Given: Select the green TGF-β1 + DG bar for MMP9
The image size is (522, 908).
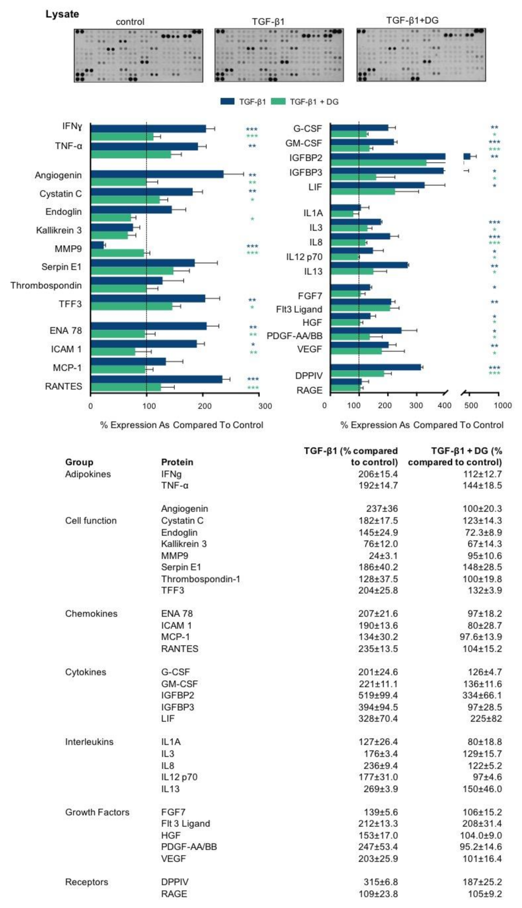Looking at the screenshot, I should [x=117, y=253].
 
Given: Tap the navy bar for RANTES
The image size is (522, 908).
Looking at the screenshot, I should [x=156, y=379].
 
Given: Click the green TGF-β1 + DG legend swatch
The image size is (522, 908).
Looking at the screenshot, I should [x=278, y=102].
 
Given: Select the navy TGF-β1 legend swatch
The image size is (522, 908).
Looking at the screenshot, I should [x=227, y=102].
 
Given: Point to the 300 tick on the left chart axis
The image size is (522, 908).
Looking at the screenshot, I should [x=265, y=406].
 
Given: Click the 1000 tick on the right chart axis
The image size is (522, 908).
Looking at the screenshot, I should [x=503, y=405].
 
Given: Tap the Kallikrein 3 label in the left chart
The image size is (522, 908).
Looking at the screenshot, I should [x=59, y=230].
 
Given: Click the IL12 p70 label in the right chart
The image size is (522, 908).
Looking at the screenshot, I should [x=304, y=257].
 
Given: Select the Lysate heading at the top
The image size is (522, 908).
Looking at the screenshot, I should [x=62, y=14].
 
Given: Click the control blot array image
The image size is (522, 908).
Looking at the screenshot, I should [x=138, y=56].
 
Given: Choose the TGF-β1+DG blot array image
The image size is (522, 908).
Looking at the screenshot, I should [x=421, y=55].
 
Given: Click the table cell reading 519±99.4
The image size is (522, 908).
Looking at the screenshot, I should [x=378, y=695].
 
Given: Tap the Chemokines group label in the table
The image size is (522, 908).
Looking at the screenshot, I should [x=91, y=614].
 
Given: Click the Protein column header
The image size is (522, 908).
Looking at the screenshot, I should [x=177, y=462].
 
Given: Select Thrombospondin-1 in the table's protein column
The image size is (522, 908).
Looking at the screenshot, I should [x=201, y=579].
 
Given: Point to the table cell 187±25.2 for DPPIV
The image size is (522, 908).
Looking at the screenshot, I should [x=482, y=882].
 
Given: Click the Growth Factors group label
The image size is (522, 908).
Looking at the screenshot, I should [x=97, y=812].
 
